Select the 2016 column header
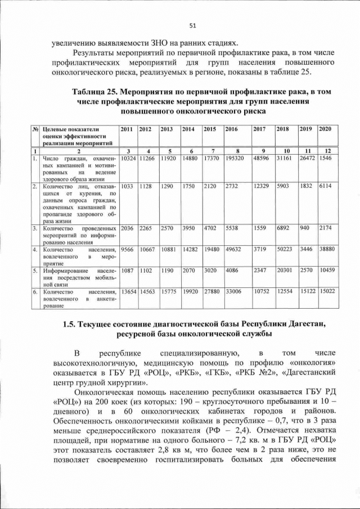[x=231, y=129]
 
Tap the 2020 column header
[x=325, y=129]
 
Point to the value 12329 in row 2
[x=262, y=186]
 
